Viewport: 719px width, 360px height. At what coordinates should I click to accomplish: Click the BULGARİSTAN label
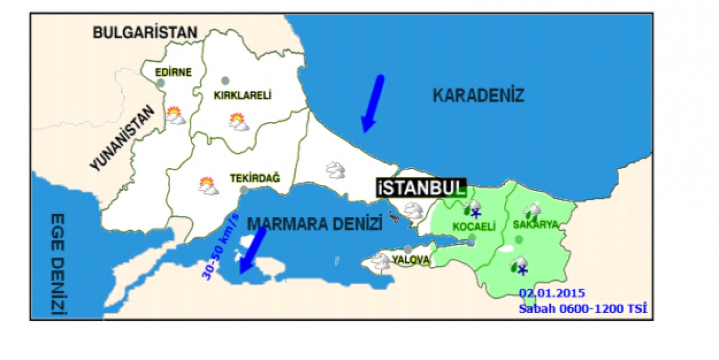[x=145, y=32]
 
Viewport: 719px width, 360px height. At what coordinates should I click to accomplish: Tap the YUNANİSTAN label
[x=122, y=139]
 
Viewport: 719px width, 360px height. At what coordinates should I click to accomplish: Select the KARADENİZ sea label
[x=478, y=95]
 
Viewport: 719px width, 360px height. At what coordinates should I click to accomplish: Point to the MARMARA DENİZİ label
[x=315, y=223]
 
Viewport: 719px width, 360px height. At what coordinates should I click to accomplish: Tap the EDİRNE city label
[x=174, y=72]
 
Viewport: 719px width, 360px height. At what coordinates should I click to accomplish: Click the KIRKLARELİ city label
[x=243, y=95]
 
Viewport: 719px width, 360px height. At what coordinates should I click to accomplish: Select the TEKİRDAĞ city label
[x=254, y=178]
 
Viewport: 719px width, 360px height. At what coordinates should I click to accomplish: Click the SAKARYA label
[x=535, y=225]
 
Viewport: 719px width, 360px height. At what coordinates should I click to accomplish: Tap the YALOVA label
[x=411, y=260]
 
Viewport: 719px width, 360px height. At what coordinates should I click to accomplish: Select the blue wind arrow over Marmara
[x=252, y=250]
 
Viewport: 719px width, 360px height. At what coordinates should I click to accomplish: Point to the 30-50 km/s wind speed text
[x=220, y=247]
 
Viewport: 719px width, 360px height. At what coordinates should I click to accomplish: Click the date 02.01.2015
[x=552, y=293]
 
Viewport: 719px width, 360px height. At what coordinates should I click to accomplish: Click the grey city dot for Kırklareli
[x=225, y=80]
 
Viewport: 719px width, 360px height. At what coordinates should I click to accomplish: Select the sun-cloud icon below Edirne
[x=176, y=116]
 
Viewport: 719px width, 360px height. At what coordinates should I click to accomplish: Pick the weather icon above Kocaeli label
[x=471, y=208]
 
